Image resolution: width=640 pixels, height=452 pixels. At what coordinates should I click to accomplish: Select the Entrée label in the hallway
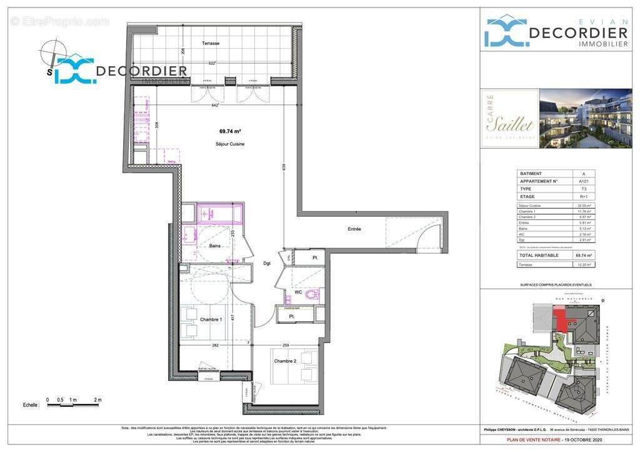point(354,229)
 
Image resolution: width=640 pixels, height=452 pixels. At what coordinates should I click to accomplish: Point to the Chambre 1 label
point(211,319)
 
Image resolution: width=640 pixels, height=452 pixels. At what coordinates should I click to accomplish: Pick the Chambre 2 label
point(284,361)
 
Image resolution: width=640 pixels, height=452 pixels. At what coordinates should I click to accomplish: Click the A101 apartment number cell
point(583,181)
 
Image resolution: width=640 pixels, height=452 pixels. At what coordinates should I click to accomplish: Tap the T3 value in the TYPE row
point(583,188)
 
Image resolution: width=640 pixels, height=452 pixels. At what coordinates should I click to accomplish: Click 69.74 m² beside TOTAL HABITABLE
point(583,255)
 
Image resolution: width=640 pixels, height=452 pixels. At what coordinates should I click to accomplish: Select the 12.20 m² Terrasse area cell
point(583,264)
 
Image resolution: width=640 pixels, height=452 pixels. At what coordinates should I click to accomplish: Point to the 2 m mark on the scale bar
point(97,400)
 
